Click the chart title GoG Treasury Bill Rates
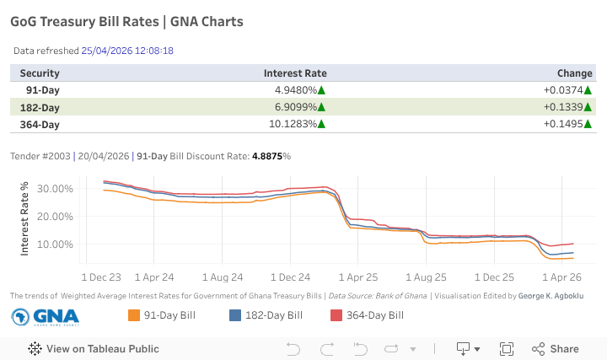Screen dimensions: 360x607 pyautogui.click(x=126, y=21)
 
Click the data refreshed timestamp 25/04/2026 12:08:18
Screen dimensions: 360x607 pyautogui.click(x=127, y=51)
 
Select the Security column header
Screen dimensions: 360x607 pyautogui.click(x=40, y=73)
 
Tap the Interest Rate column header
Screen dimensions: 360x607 pyautogui.click(x=295, y=73)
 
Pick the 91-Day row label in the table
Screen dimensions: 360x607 pyautogui.click(x=43, y=90)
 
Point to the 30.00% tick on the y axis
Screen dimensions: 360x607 pyautogui.click(x=56, y=188)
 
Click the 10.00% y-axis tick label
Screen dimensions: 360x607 pyautogui.click(x=56, y=244)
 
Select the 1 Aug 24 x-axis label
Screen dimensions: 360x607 pyautogui.click(x=221, y=277)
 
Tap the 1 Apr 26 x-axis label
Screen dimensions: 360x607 pyautogui.click(x=562, y=277)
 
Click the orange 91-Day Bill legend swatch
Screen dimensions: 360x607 pyautogui.click(x=133, y=315)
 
